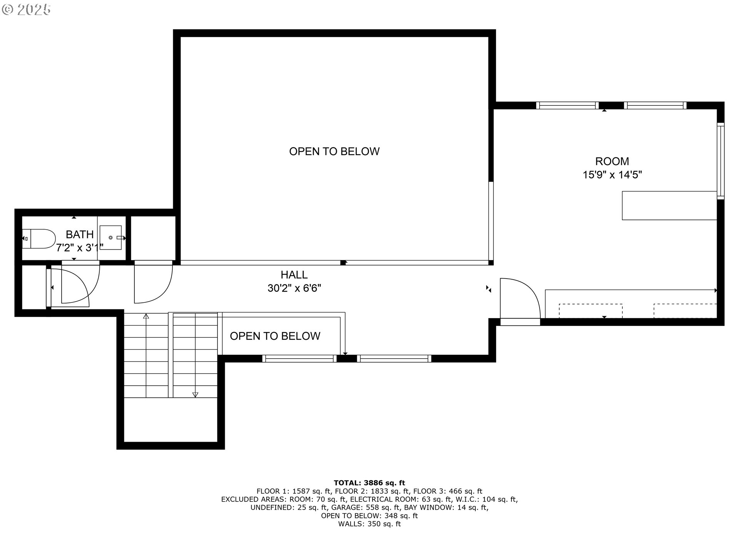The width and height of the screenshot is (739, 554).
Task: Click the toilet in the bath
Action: pyautogui.click(x=39, y=239)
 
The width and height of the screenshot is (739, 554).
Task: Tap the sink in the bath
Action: pyautogui.click(x=111, y=237)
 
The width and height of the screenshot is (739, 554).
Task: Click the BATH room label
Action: pyautogui.click(x=80, y=234)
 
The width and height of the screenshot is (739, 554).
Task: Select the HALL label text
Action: pyautogui.click(x=294, y=275)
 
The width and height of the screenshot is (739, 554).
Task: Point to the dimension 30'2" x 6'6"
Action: pyautogui.click(x=294, y=288)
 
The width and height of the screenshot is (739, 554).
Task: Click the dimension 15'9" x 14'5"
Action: pyautogui.click(x=612, y=175)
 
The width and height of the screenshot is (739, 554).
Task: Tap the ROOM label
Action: pyautogui.click(x=612, y=161)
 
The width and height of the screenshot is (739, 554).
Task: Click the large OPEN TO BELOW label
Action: pyautogui.click(x=334, y=151)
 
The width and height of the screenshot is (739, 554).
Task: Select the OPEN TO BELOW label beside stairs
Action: pyautogui.click(x=275, y=336)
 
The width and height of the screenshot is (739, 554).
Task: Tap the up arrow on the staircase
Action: pyautogui.click(x=146, y=316)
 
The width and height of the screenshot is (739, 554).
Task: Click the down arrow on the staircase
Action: pyautogui.click(x=195, y=394)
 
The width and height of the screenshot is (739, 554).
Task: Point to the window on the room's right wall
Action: pyautogui.click(x=720, y=160)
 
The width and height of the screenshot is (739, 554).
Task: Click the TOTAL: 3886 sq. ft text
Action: pyautogui.click(x=369, y=483)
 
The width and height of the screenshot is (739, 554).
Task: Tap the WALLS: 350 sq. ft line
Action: pyautogui.click(x=369, y=524)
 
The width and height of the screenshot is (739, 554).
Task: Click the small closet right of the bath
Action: pyautogui.click(x=153, y=238)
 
